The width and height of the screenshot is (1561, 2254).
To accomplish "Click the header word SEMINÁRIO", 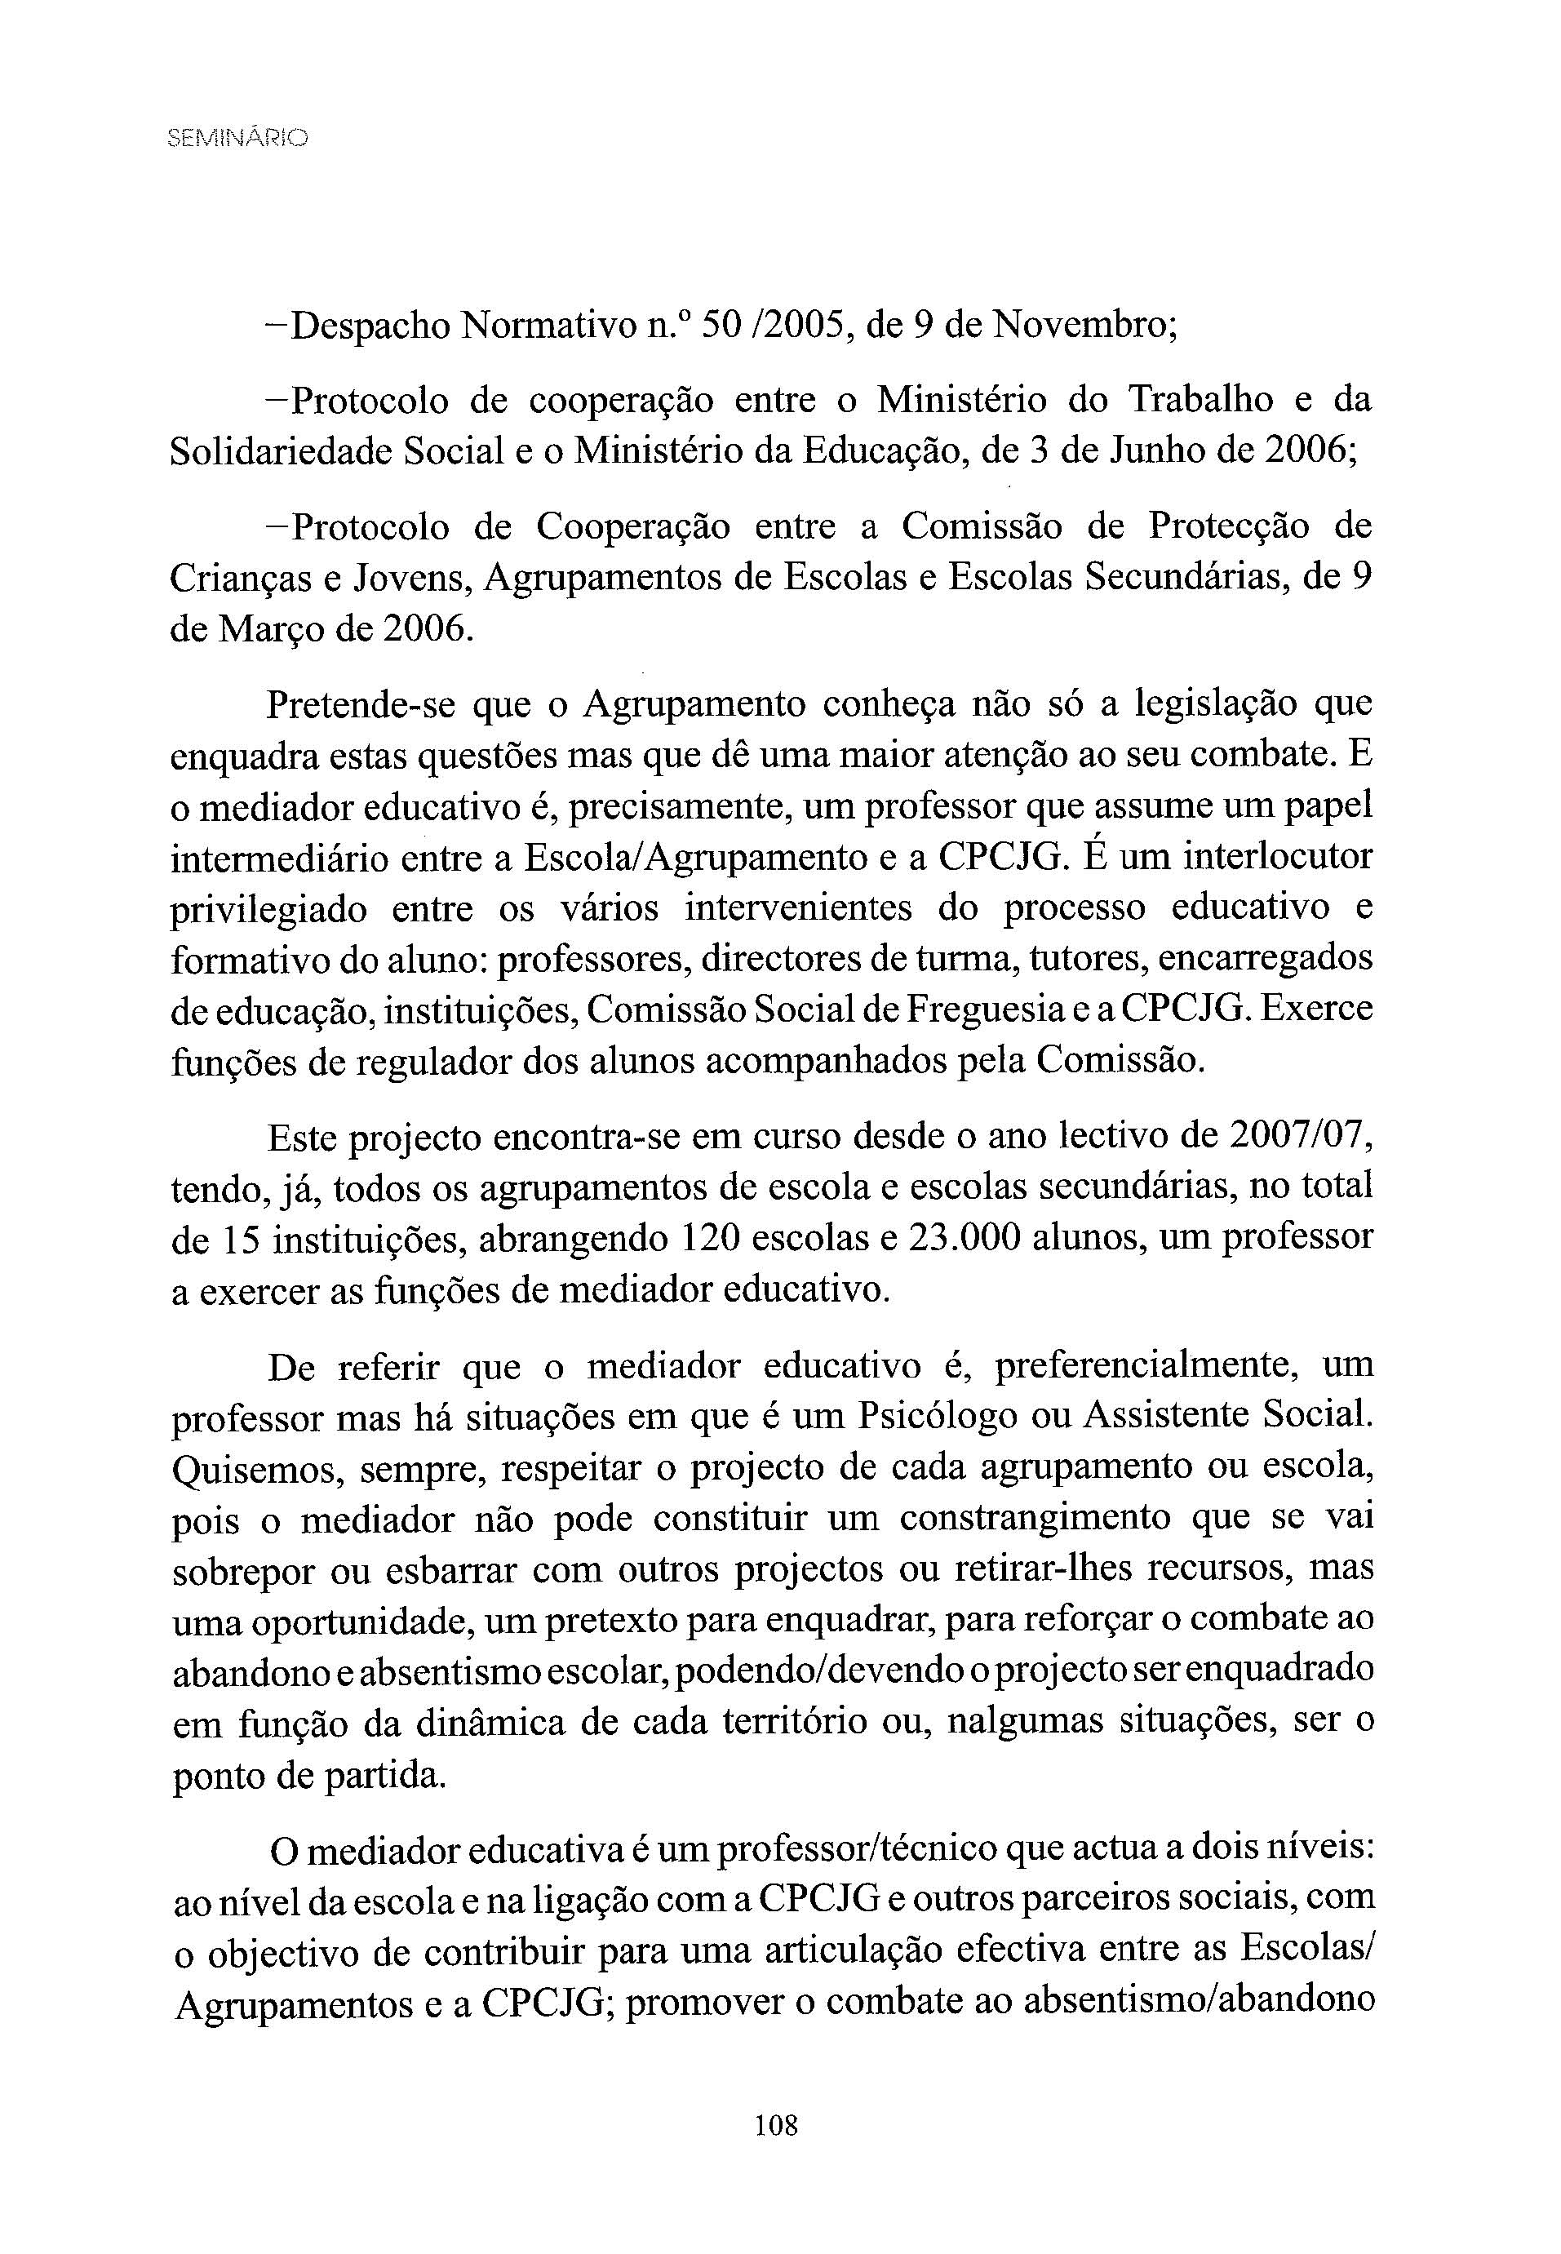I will click(x=237, y=139).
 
